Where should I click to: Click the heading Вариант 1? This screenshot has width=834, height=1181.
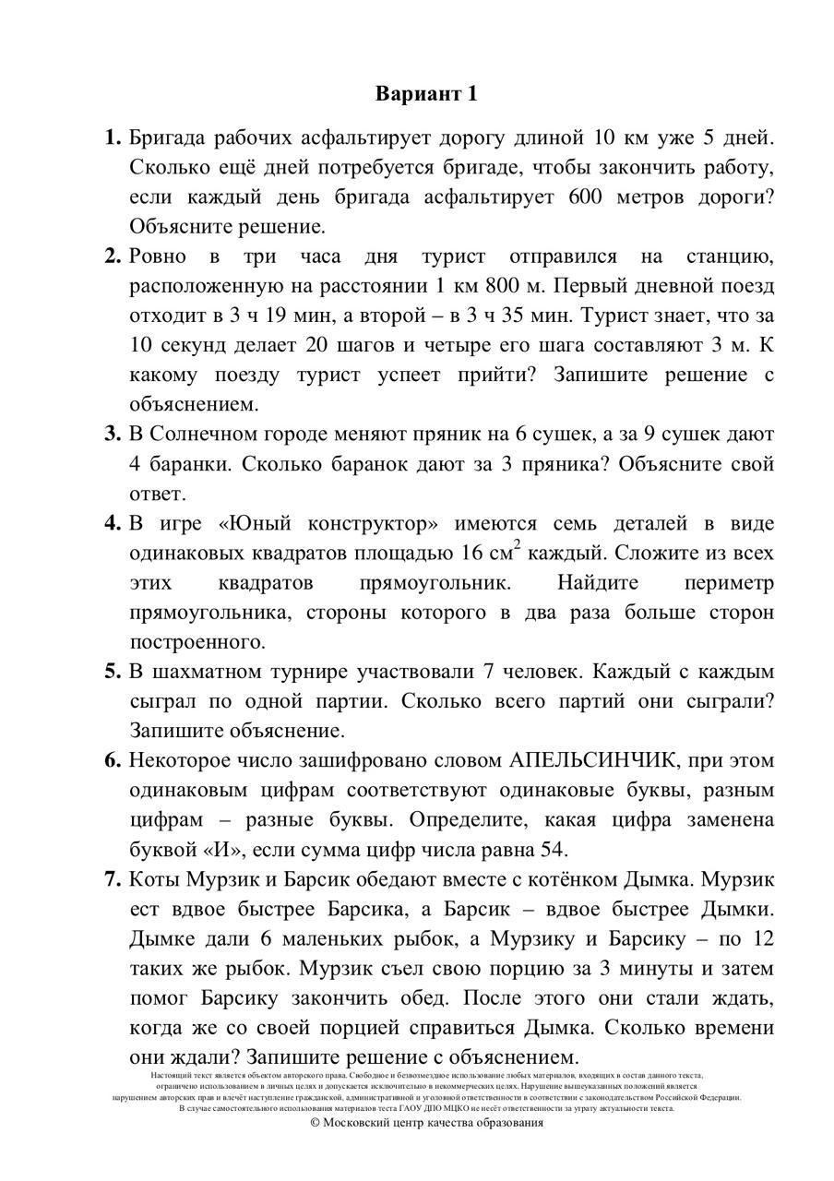coord(427,94)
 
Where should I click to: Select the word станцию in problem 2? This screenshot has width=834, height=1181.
coord(730,256)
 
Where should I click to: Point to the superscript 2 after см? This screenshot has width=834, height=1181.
coord(517,546)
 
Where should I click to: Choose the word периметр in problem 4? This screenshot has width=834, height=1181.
coord(729,583)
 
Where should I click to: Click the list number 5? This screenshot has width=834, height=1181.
coord(113,672)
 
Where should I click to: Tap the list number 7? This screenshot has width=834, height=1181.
coord(113,880)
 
